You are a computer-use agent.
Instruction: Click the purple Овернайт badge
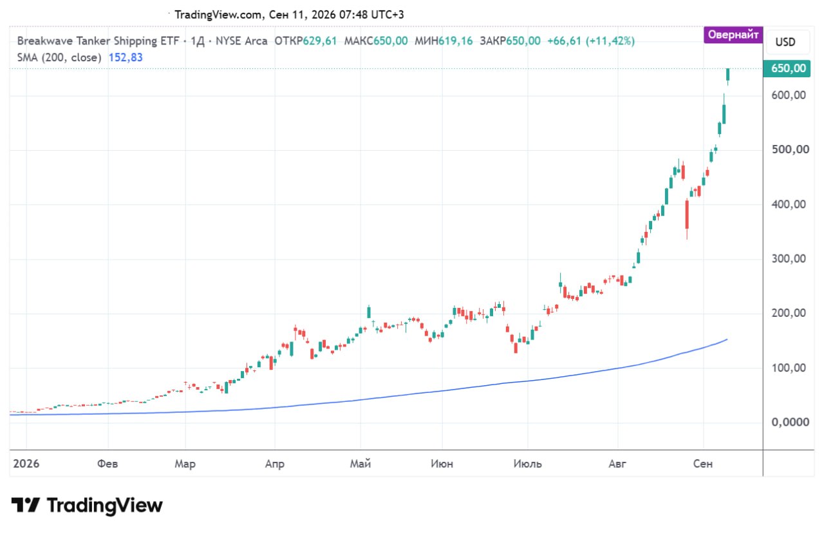(x=733, y=35)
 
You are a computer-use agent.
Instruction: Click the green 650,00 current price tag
(x=787, y=68)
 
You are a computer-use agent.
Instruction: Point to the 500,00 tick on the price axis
(x=790, y=149)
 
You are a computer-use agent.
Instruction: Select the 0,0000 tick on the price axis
(x=790, y=422)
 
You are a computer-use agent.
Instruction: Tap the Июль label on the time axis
(x=527, y=464)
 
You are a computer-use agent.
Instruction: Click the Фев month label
(x=108, y=464)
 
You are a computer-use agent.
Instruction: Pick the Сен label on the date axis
(x=702, y=464)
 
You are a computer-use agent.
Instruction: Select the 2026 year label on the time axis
(x=26, y=464)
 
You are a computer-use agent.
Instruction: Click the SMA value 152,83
(x=126, y=57)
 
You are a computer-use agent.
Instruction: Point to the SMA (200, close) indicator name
(x=59, y=57)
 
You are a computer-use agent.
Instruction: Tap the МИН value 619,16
(x=455, y=41)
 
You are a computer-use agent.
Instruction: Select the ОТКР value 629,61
(x=320, y=41)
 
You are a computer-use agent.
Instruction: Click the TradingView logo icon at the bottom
(x=25, y=505)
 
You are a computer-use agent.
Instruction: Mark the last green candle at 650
(x=727, y=75)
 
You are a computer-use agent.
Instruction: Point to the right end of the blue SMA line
(x=727, y=339)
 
